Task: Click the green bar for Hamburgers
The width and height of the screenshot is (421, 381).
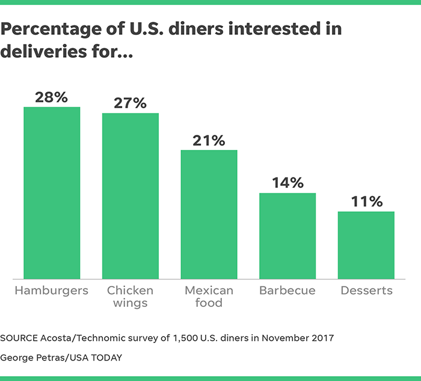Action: tap(52, 193)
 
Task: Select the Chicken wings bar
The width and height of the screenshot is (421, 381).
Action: tap(131, 196)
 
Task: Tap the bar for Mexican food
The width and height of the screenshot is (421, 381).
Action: tap(209, 214)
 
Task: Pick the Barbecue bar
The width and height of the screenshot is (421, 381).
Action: tap(287, 236)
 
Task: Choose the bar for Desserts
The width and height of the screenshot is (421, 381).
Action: tap(366, 245)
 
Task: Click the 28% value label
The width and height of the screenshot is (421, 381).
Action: tap(51, 97)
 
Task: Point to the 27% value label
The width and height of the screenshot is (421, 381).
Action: tap(131, 103)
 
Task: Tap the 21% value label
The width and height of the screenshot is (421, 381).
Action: tap(209, 140)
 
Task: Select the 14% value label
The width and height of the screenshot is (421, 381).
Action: tap(287, 183)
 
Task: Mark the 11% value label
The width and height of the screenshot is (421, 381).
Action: tap(366, 202)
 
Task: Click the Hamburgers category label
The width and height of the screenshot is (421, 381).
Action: tap(52, 291)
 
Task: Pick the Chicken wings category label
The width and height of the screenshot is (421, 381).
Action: tap(131, 297)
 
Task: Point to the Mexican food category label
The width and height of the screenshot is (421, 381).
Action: tap(209, 297)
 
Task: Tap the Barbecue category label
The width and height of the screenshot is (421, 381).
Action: tap(287, 291)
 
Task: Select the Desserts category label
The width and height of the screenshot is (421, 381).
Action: tap(366, 291)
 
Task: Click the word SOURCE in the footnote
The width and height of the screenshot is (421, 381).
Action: tap(20, 338)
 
